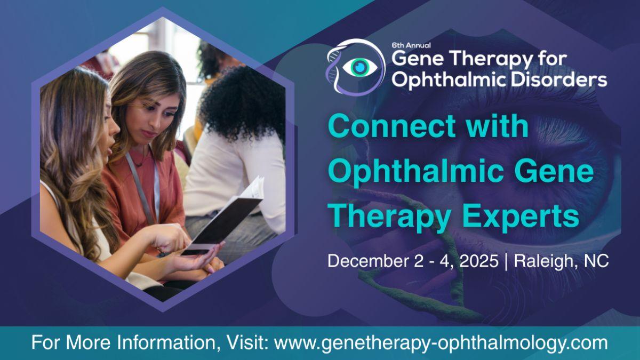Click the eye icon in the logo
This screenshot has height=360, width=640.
tap(360, 67)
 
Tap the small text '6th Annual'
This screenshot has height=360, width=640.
tap(411, 45)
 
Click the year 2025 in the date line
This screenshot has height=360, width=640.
tap(478, 261)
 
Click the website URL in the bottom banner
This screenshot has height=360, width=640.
tap(441, 343)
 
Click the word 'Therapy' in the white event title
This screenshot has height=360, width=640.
tap(491, 59)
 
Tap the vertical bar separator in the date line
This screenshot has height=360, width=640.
tap(506, 261)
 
